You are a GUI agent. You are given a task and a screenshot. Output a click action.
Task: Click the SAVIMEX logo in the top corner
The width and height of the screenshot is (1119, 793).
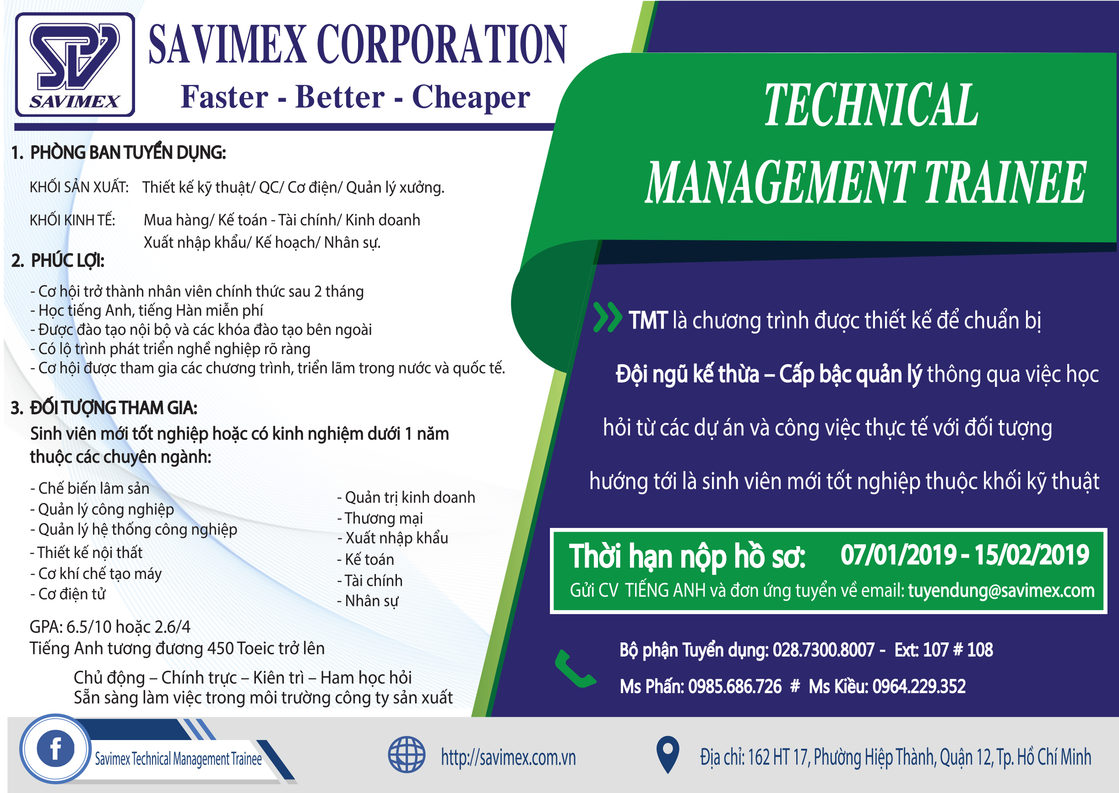pyautogui.click(x=75, y=64)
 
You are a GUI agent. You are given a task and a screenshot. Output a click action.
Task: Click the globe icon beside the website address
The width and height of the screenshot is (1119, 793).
pyautogui.click(x=407, y=754)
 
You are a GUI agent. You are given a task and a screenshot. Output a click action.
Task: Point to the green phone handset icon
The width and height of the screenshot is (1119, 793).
pyautogui.click(x=575, y=669)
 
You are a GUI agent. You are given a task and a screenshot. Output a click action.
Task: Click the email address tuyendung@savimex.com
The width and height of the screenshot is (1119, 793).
pyautogui.click(x=1001, y=591)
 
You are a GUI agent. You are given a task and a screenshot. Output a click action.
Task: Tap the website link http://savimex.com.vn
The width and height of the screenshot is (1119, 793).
pyautogui.click(x=508, y=757)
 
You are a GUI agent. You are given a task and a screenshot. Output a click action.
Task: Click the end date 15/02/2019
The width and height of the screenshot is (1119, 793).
pyautogui.click(x=1031, y=555)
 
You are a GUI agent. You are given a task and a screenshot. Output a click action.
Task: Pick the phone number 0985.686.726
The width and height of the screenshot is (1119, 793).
pyautogui.click(x=735, y=687)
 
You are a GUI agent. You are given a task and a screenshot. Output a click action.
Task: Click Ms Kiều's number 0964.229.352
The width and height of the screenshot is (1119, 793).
pyautogui.click(x=919, y=687)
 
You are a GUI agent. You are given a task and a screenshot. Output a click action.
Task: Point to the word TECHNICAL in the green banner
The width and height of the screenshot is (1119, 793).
pyautogui.click(x=871, y=104)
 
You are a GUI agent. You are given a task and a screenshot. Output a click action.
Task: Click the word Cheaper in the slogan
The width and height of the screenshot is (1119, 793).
pyautogui.click(x=471, y=97)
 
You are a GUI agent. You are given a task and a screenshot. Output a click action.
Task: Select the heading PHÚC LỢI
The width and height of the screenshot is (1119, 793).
pyautogui.click(x=68, y=261)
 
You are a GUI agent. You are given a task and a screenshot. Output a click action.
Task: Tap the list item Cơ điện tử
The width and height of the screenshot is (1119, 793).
pyautogui.click(x=68, y=594)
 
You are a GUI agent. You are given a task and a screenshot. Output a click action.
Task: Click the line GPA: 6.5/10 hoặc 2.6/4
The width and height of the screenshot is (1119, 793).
pyautogui.click(x=110, y=626)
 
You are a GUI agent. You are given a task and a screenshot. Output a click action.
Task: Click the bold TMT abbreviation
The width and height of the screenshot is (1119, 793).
pyautogui.click(x=648, y=321)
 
